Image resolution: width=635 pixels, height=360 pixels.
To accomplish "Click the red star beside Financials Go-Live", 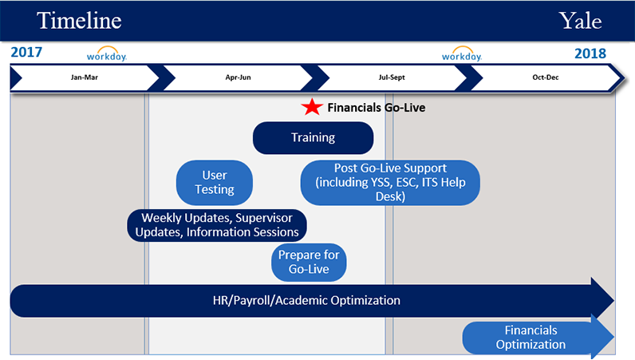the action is click(312, 107).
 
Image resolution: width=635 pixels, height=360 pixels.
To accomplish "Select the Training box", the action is click(313, 138).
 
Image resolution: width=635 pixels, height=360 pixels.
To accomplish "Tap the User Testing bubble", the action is click(215, 183).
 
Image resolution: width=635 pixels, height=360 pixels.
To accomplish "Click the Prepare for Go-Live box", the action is click(309, 263).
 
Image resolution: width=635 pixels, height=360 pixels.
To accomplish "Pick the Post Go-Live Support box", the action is click(390, 183).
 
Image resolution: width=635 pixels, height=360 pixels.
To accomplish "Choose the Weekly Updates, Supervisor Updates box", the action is click(217, 225).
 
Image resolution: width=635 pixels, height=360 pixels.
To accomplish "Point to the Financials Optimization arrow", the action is click(538, 338).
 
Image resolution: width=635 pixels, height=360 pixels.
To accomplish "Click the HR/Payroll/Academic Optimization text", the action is click(306, 300).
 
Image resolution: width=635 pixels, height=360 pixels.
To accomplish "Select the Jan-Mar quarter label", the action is click(85, 77).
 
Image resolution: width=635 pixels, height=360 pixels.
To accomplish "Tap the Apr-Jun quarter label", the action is click(238, 77).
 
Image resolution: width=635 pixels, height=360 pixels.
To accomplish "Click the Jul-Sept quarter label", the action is click(392, 77).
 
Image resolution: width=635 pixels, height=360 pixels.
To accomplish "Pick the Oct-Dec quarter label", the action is click(546, 77).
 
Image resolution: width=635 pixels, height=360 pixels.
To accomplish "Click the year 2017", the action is click(26, 53).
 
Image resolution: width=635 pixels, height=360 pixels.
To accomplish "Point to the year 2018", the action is click(590, 53).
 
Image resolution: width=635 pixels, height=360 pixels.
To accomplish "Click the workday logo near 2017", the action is click(107, 54).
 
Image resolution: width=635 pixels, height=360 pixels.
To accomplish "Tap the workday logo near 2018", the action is click(462, 54).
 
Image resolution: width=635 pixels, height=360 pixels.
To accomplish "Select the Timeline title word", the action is click(79, 20).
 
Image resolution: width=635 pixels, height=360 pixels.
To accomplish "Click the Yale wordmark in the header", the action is click(580, 20).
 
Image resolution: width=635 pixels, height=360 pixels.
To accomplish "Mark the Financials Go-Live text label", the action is click(377, 108).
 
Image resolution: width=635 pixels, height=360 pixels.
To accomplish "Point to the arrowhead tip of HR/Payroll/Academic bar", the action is click(614, 301).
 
